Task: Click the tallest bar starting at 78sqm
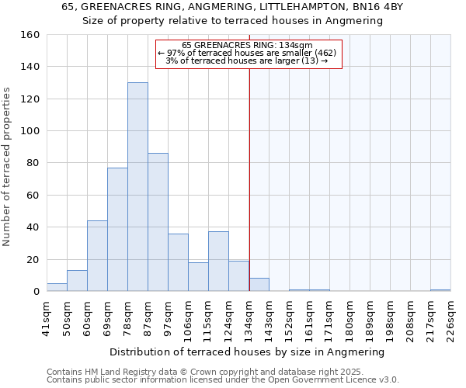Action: pyautogui.click(x=137, y=187)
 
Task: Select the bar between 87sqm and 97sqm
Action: pyautogui.click(x=158, y=222)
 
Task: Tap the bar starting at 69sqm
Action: pyautogui.click(x=117, y=230)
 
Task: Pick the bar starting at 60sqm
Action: pyautogui.click(x=97, y=256)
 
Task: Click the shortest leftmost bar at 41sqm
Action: pyautogui.click(x=57, y=287)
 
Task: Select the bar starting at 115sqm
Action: pyautogui.click(x=218, y=262)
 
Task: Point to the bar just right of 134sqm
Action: pyautogui.click(x=259, y=285)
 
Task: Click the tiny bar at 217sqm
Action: pyautogui.click(x=440, y=290)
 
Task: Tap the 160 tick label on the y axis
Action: pyautogui.click(x=30, y=35)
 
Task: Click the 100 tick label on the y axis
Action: pyautogui.click(x=30, y=131)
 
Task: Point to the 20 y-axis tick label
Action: pyautogui.click(x=33, y=259)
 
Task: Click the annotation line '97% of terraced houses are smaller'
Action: pyautogui.click(x=249, y=53)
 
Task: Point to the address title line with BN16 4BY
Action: pyautogui.click(x=232, y=7)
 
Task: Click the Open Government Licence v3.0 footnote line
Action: pyautogui.click(x=223, y=379)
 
